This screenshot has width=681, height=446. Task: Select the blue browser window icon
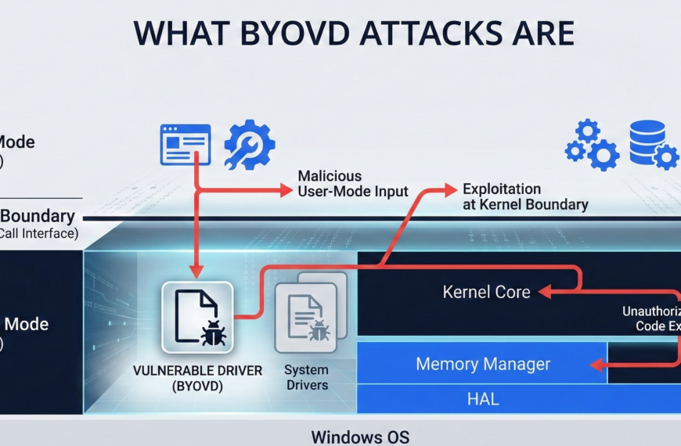point(186,145)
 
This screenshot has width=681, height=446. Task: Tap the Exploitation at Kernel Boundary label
point(524,197)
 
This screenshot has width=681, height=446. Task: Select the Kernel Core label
point(486,293)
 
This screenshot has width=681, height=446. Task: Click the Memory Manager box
point(482,365)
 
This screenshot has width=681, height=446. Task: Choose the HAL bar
point(482,400)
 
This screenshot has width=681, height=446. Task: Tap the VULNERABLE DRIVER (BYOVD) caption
point(197,378)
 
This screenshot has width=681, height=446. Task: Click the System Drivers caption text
point(306,377)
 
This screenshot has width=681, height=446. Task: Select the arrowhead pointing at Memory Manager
point(596,365)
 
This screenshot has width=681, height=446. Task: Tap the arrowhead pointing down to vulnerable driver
point(197,272)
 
